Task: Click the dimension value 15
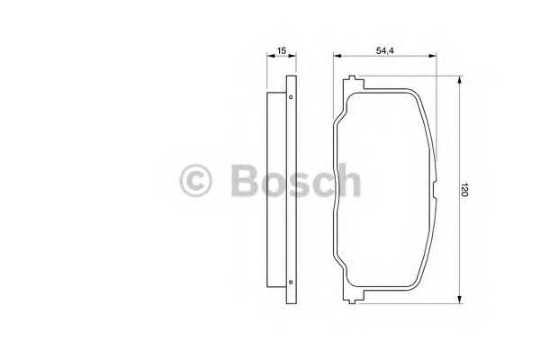coord(282,51)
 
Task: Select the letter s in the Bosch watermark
coord(298,185)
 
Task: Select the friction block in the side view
coord(277,189)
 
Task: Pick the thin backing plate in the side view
coord(291,189)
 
